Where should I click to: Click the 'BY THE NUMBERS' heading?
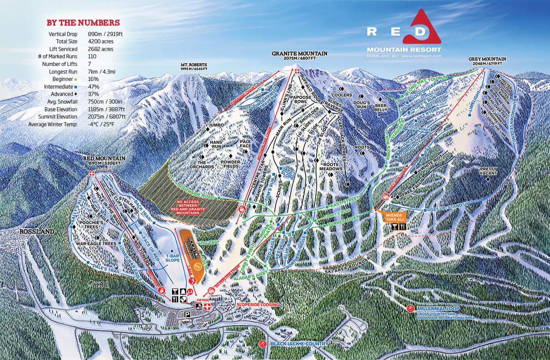point(83,23)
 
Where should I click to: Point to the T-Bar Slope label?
point(172,257)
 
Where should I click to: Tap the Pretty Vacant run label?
point(488,171)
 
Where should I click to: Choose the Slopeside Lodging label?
point(258,305)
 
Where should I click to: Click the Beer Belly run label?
point(381,108)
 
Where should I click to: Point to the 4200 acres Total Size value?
point(101,42)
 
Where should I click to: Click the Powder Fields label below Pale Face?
point(231,164)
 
